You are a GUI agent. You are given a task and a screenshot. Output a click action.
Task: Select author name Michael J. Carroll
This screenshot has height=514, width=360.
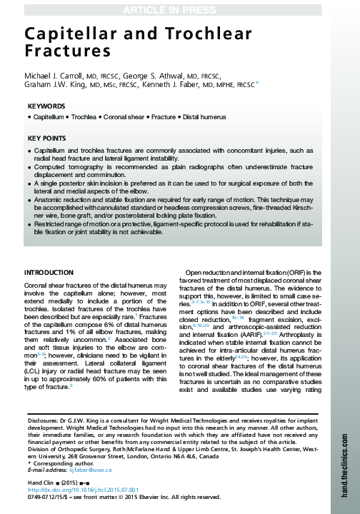click(54, 77)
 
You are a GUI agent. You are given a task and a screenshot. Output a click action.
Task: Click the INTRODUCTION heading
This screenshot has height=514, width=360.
click(49, 273)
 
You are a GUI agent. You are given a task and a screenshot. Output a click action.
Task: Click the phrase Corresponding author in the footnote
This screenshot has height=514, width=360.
click(58, 464)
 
